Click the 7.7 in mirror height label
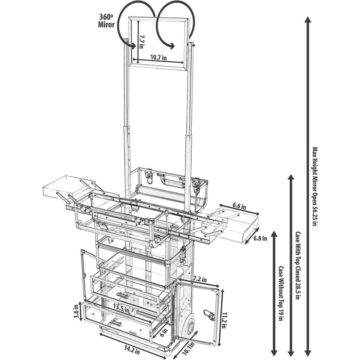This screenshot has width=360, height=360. pyautogui.click(x=141, y=42)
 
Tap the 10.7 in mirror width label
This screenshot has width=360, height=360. pyautogui.click(x=158, y=58)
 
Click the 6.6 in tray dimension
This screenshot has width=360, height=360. pyautogui.click(x=239, y=206)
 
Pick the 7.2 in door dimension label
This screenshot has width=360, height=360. pyautogui.click(x=200, y=279)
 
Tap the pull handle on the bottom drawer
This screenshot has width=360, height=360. pyautogui.click(x=116, y=323)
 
